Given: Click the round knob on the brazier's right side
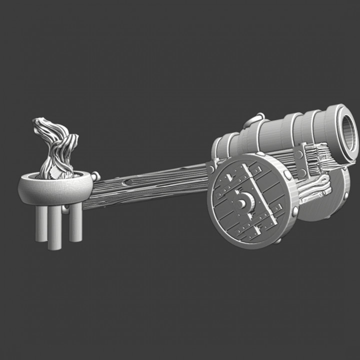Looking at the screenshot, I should click(x=95, y=176).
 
